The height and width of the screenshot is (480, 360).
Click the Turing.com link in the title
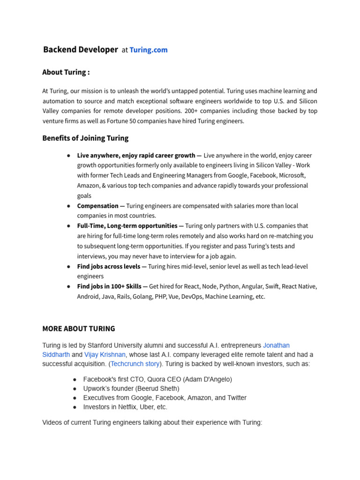click(148, 50)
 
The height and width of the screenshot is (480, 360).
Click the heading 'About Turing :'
click(66, 72)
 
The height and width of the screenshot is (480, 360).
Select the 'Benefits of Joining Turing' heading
click(85, 138)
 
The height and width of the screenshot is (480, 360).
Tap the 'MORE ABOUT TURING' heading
click(79, 329)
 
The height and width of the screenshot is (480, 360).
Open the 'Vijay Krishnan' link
click(105, 354)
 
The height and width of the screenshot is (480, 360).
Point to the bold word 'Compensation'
click(98, 206)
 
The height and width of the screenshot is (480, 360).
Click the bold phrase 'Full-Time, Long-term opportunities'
click(127, 226)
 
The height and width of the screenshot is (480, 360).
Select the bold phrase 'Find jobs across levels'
click(109, 266)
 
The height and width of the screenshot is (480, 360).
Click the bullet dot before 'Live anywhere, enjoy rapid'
click(69, 156)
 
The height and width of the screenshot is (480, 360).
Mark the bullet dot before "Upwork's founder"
click(75, 389)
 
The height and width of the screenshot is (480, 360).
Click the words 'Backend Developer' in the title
click(81, 50)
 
